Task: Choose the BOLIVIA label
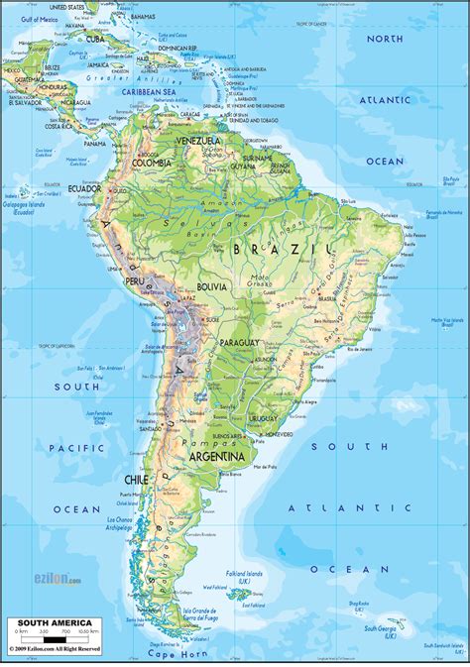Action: tap(210, 286)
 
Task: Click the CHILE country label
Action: tap(135, 480)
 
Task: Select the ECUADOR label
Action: tap(85, 216)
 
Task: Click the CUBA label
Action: tap(96, 39)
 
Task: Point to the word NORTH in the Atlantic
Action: tap(384, 38)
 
